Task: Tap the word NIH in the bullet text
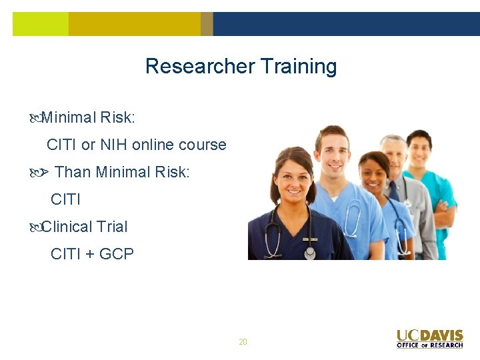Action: (113, 145)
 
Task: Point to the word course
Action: (203, 145)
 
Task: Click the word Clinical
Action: (67, 227)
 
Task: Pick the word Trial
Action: (112, 227)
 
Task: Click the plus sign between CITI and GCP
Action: (89, 254)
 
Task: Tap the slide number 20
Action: (243, 342)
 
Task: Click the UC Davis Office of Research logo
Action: (429, 338)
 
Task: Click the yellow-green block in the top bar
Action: (40, 24)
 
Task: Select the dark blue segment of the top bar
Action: (346, 24)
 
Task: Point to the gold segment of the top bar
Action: (133, 24)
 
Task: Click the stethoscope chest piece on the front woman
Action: (309, 253)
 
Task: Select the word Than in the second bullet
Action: (73, 172)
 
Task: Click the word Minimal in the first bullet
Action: (69, 117)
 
